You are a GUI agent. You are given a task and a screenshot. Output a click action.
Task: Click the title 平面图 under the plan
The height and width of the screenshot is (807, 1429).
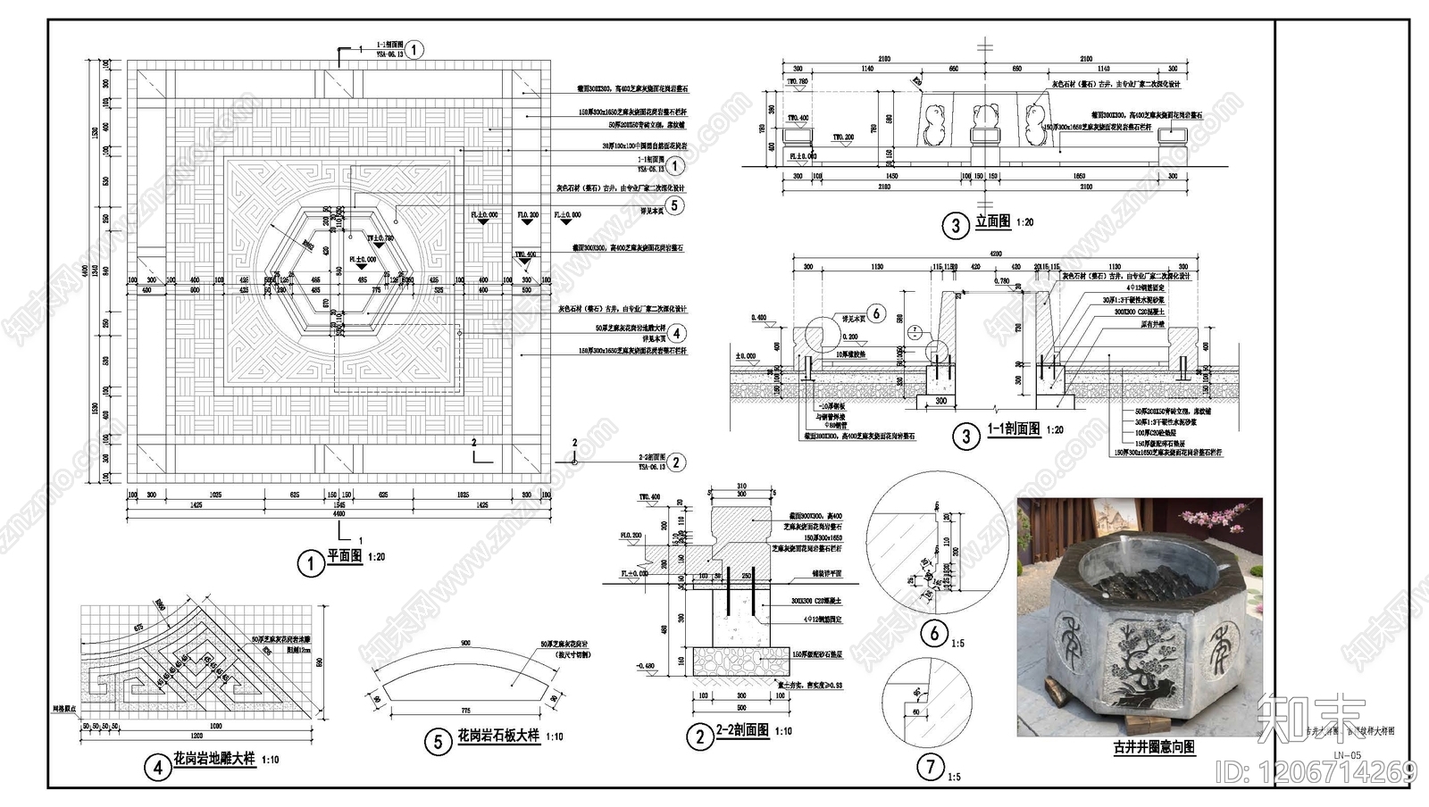point(344,556)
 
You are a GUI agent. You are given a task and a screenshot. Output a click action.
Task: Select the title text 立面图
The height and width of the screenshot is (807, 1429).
point(992,220)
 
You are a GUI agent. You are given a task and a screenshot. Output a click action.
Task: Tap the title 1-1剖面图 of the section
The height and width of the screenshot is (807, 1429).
point(1013,429)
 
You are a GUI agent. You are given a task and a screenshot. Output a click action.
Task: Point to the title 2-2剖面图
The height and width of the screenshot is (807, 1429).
point(741,730)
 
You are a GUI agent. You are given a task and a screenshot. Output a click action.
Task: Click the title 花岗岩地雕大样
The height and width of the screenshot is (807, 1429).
point(213,759)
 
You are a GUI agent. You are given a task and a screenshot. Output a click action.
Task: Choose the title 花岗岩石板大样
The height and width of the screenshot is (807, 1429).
point(497,736)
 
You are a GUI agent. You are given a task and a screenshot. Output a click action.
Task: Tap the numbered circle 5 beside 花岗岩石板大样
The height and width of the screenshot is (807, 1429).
point(438,742)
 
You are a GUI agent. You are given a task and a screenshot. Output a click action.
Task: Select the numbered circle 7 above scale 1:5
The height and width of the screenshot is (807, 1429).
point(931,765)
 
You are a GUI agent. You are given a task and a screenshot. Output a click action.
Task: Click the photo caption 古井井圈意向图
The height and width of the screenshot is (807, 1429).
point(1154,747)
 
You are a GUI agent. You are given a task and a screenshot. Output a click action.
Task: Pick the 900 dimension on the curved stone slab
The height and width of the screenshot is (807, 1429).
point(465,643)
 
